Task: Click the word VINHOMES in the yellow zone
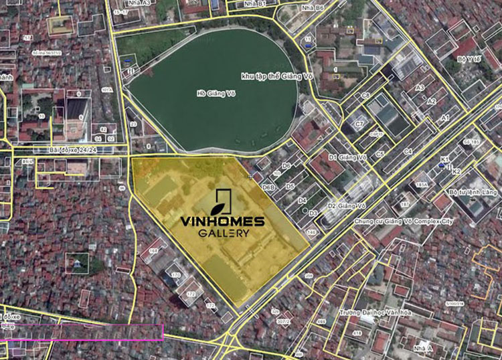pyautogui.click(x=222, y=220)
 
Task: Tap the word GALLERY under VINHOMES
pyautogui.click(x=222, y=234)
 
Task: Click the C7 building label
pyautogui.click(x=359, y=124)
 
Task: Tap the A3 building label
pyautogui.click(x=420, y=88)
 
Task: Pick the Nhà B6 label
pyautogui.click(x=308, y=7)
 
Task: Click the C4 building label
pyautogui.click(x=408, y=152)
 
